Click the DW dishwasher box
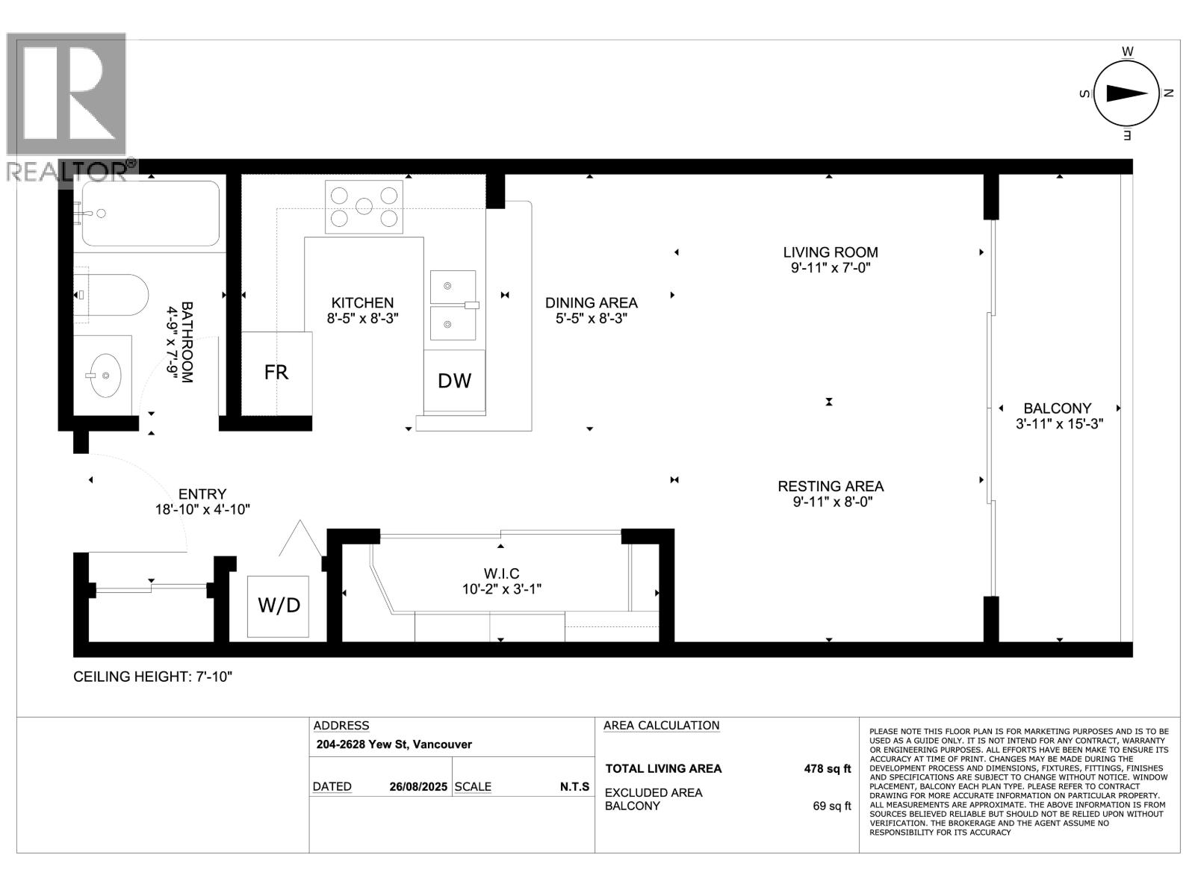(454, 381)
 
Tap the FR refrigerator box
(276, 373)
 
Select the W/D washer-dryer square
(279, 606)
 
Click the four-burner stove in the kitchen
(364, 206)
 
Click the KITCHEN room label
(362, 302)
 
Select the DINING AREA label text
(591, 302)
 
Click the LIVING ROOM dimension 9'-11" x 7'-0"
(831, 268)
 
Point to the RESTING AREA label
(831, 486)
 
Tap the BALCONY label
(1057, 408)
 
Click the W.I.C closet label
(501, 573)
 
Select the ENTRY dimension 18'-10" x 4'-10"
(202, 509)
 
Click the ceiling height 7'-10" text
(153, 676)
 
